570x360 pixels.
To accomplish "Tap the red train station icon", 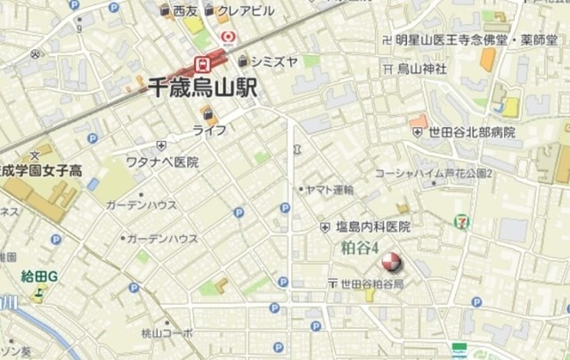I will (200, 63).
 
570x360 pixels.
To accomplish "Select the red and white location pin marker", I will (390, 263).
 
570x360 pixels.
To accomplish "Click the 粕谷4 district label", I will (361, 249).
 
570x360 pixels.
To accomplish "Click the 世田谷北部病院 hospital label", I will (471, 132).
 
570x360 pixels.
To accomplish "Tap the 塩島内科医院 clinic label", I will (371, 227).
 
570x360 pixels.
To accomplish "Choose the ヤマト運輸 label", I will (330, 190).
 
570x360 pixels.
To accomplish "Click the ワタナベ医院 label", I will (161, 162).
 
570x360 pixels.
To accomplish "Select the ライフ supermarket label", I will (209, 130).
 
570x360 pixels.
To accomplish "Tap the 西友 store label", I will (185, 11).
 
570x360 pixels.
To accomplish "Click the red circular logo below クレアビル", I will (227, 37).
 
